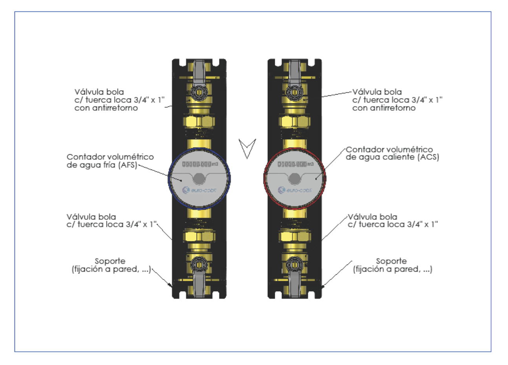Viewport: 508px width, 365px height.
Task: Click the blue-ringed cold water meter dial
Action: (199, 179)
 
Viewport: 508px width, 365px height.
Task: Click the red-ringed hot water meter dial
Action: (294, 179)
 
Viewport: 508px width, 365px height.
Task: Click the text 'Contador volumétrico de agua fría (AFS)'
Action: (110, 161)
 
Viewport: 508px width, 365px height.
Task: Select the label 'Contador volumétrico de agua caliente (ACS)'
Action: (392, 153)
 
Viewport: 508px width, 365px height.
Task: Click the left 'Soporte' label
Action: (110, 261)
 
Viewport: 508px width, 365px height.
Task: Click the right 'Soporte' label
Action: (391, 261)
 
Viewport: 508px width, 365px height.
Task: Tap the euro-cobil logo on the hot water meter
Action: (295, 190)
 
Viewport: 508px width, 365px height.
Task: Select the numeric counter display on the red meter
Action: (292, 164)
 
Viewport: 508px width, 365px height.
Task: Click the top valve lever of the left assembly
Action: (199, 73)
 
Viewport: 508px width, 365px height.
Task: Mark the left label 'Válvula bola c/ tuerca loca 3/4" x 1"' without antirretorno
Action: (111, 221)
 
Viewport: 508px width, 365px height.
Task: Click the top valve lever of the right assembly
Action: (294, 73)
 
